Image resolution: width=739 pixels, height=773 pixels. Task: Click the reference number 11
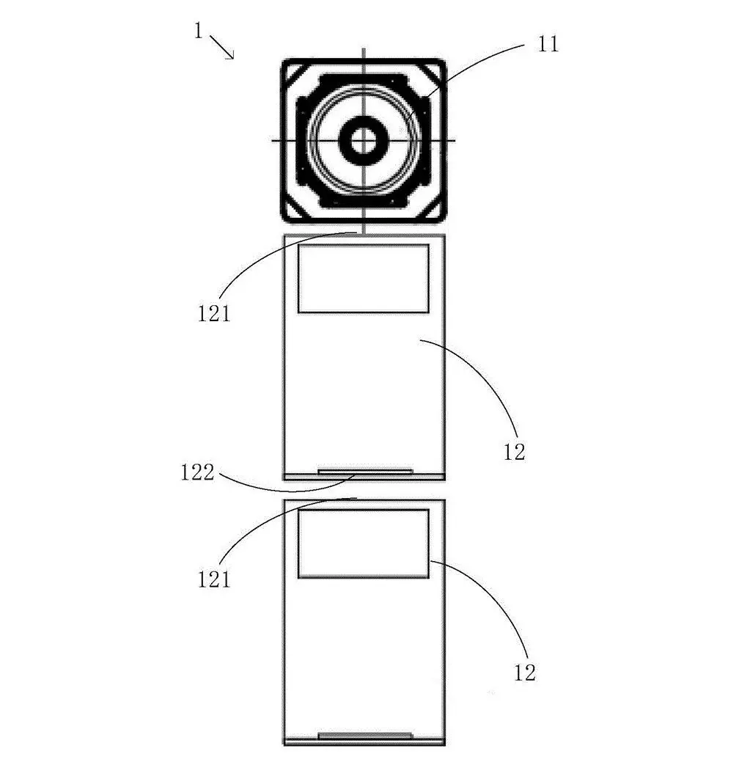(548, 44)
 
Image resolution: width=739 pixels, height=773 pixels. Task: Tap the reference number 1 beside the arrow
(198, 31)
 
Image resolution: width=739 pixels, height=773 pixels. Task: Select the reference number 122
(197, 472)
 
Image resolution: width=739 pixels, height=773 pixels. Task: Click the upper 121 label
(214, 314)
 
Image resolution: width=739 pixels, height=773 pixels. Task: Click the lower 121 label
(214, 579)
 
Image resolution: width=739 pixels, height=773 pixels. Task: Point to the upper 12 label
(515, 452)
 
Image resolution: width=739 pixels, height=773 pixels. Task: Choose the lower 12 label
(525, 673)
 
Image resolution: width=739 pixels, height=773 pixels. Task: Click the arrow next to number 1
(221, 48)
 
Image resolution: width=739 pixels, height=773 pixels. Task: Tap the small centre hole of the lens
(364, 140)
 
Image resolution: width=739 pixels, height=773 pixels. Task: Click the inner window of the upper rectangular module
(364, 279)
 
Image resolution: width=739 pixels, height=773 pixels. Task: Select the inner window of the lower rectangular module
(364, 543)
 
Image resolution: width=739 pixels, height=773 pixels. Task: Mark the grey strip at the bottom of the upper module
(365, 472)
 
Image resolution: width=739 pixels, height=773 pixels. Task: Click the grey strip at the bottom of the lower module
(365, 736)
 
